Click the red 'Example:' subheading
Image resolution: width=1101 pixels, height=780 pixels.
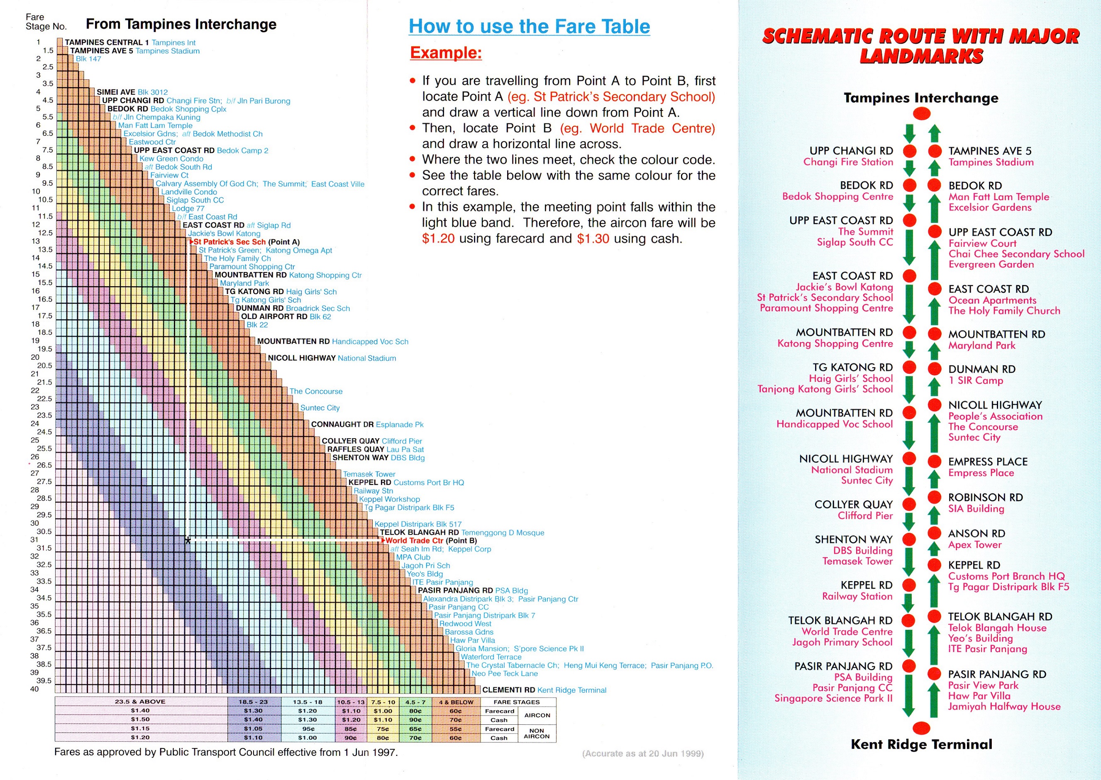pos(446,52)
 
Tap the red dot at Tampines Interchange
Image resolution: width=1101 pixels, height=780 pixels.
pos(921,114)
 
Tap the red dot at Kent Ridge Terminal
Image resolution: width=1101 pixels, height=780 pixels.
pos(921,728)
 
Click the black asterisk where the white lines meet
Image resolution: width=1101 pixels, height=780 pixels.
pos(188,541)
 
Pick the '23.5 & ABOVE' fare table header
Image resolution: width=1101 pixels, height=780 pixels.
pos(140,702)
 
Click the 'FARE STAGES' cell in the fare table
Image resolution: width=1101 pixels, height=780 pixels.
pos(516,702)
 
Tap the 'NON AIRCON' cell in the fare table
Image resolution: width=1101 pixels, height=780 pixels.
pos(537,733)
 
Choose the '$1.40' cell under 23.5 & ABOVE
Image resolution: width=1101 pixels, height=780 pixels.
pos(140,710)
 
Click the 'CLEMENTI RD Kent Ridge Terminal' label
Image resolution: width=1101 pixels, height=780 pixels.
pos(544,690)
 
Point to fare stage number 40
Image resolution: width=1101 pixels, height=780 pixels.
pos(34,689)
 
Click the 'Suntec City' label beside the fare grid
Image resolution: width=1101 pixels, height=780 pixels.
pos(320,408)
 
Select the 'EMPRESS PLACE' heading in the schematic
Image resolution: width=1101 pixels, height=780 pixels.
pos(988,461)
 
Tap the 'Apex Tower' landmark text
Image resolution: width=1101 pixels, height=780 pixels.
pos(975,545)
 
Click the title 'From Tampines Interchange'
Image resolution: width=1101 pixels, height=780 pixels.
pos(181,24)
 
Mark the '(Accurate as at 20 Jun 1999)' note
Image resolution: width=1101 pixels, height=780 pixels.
pos(643,753)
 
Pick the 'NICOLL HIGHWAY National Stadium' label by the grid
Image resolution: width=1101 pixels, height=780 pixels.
pos(332,358)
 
